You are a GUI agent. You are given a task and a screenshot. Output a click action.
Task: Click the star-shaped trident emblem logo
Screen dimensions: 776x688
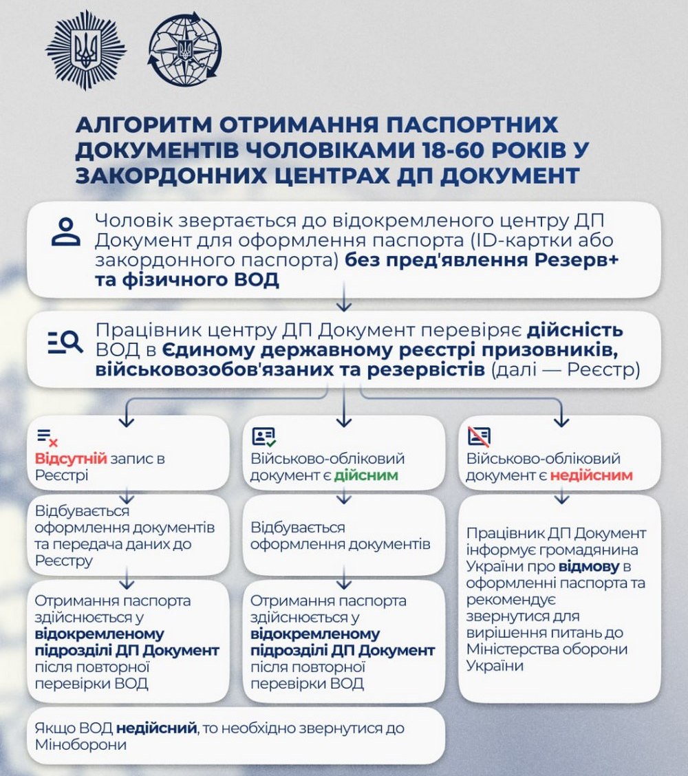(x=86, y=50)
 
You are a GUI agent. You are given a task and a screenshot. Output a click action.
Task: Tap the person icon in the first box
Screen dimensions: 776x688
(x=67, y=232)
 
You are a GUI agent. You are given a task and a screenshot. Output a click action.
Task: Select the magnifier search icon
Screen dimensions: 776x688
(x=65, y=342)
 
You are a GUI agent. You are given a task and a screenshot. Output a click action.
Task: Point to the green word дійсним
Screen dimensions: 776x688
(x=366, y=475)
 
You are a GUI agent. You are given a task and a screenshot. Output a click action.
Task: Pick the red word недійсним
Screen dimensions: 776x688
(x=592, y=475)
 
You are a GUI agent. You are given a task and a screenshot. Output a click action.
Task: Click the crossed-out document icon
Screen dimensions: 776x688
(x=479, y=436)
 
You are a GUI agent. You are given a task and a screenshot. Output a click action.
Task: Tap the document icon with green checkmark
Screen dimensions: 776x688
(x=264, y=436)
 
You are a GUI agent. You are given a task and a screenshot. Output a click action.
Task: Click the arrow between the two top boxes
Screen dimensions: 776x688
(x=343, y=303)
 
